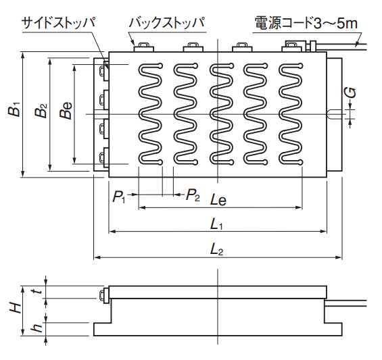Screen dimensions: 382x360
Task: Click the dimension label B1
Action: (x=15, y=109)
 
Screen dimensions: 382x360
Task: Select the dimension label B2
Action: (x=41, y=111)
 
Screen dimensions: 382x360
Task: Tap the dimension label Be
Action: (x=66, y=110)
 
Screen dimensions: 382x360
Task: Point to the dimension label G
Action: (x=351, y=93)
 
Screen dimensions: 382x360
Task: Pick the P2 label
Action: (x=193, y=195)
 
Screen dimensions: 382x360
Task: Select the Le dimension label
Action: (x=218, y=200)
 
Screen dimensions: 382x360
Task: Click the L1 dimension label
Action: (x=216, y=224)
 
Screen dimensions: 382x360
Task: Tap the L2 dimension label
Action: (x=216, y=249)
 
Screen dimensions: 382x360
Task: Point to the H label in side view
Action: (x=16, y=308)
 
